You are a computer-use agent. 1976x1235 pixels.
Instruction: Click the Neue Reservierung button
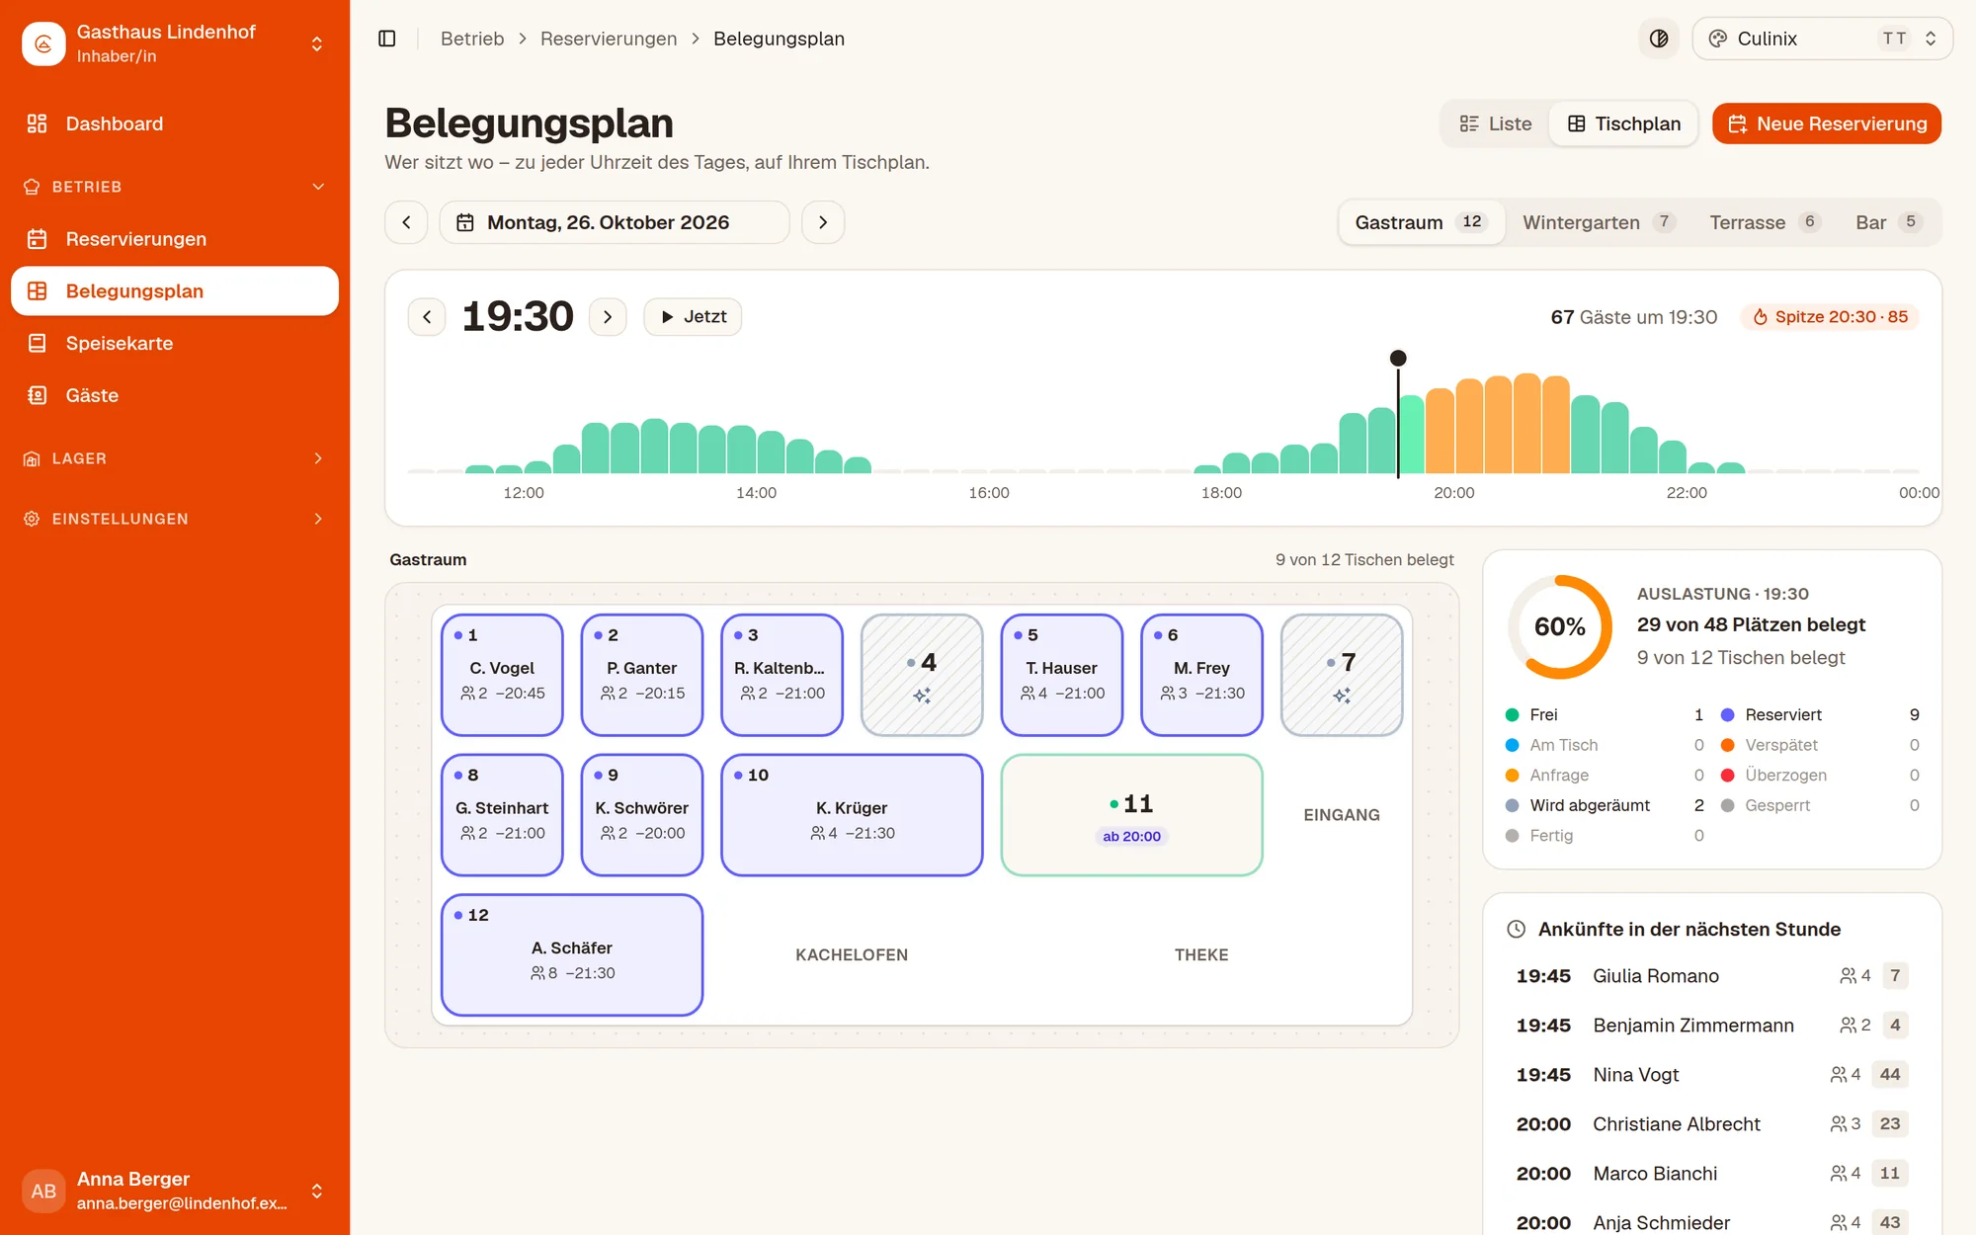pos(1827,123)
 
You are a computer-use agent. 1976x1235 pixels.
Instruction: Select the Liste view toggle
pos(1496,123)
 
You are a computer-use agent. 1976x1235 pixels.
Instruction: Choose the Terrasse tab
pos(1764,222)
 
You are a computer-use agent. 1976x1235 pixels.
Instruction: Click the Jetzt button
pos(693,317)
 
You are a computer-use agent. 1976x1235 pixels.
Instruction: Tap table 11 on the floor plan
pos(1131,815)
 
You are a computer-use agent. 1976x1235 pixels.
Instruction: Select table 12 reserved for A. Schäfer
pos(572,955)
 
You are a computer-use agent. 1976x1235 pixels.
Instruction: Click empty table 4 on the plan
pos(922,675)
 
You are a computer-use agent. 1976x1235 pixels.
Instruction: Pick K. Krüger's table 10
pos(852,815)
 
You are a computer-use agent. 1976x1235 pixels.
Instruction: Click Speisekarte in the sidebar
pos(120,344)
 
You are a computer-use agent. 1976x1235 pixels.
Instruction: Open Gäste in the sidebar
pos(92,396)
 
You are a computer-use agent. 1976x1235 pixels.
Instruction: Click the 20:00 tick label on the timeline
pos(1454,493)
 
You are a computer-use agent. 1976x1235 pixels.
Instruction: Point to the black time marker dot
pos(1398,358)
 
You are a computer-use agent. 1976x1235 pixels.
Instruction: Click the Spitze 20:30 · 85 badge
pos(1830,317)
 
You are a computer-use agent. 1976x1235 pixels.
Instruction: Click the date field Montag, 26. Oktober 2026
pos(615,222)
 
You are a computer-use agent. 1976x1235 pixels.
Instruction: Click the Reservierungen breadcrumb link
pos(609,39)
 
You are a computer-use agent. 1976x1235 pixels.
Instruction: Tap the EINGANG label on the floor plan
pos(1342,815)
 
